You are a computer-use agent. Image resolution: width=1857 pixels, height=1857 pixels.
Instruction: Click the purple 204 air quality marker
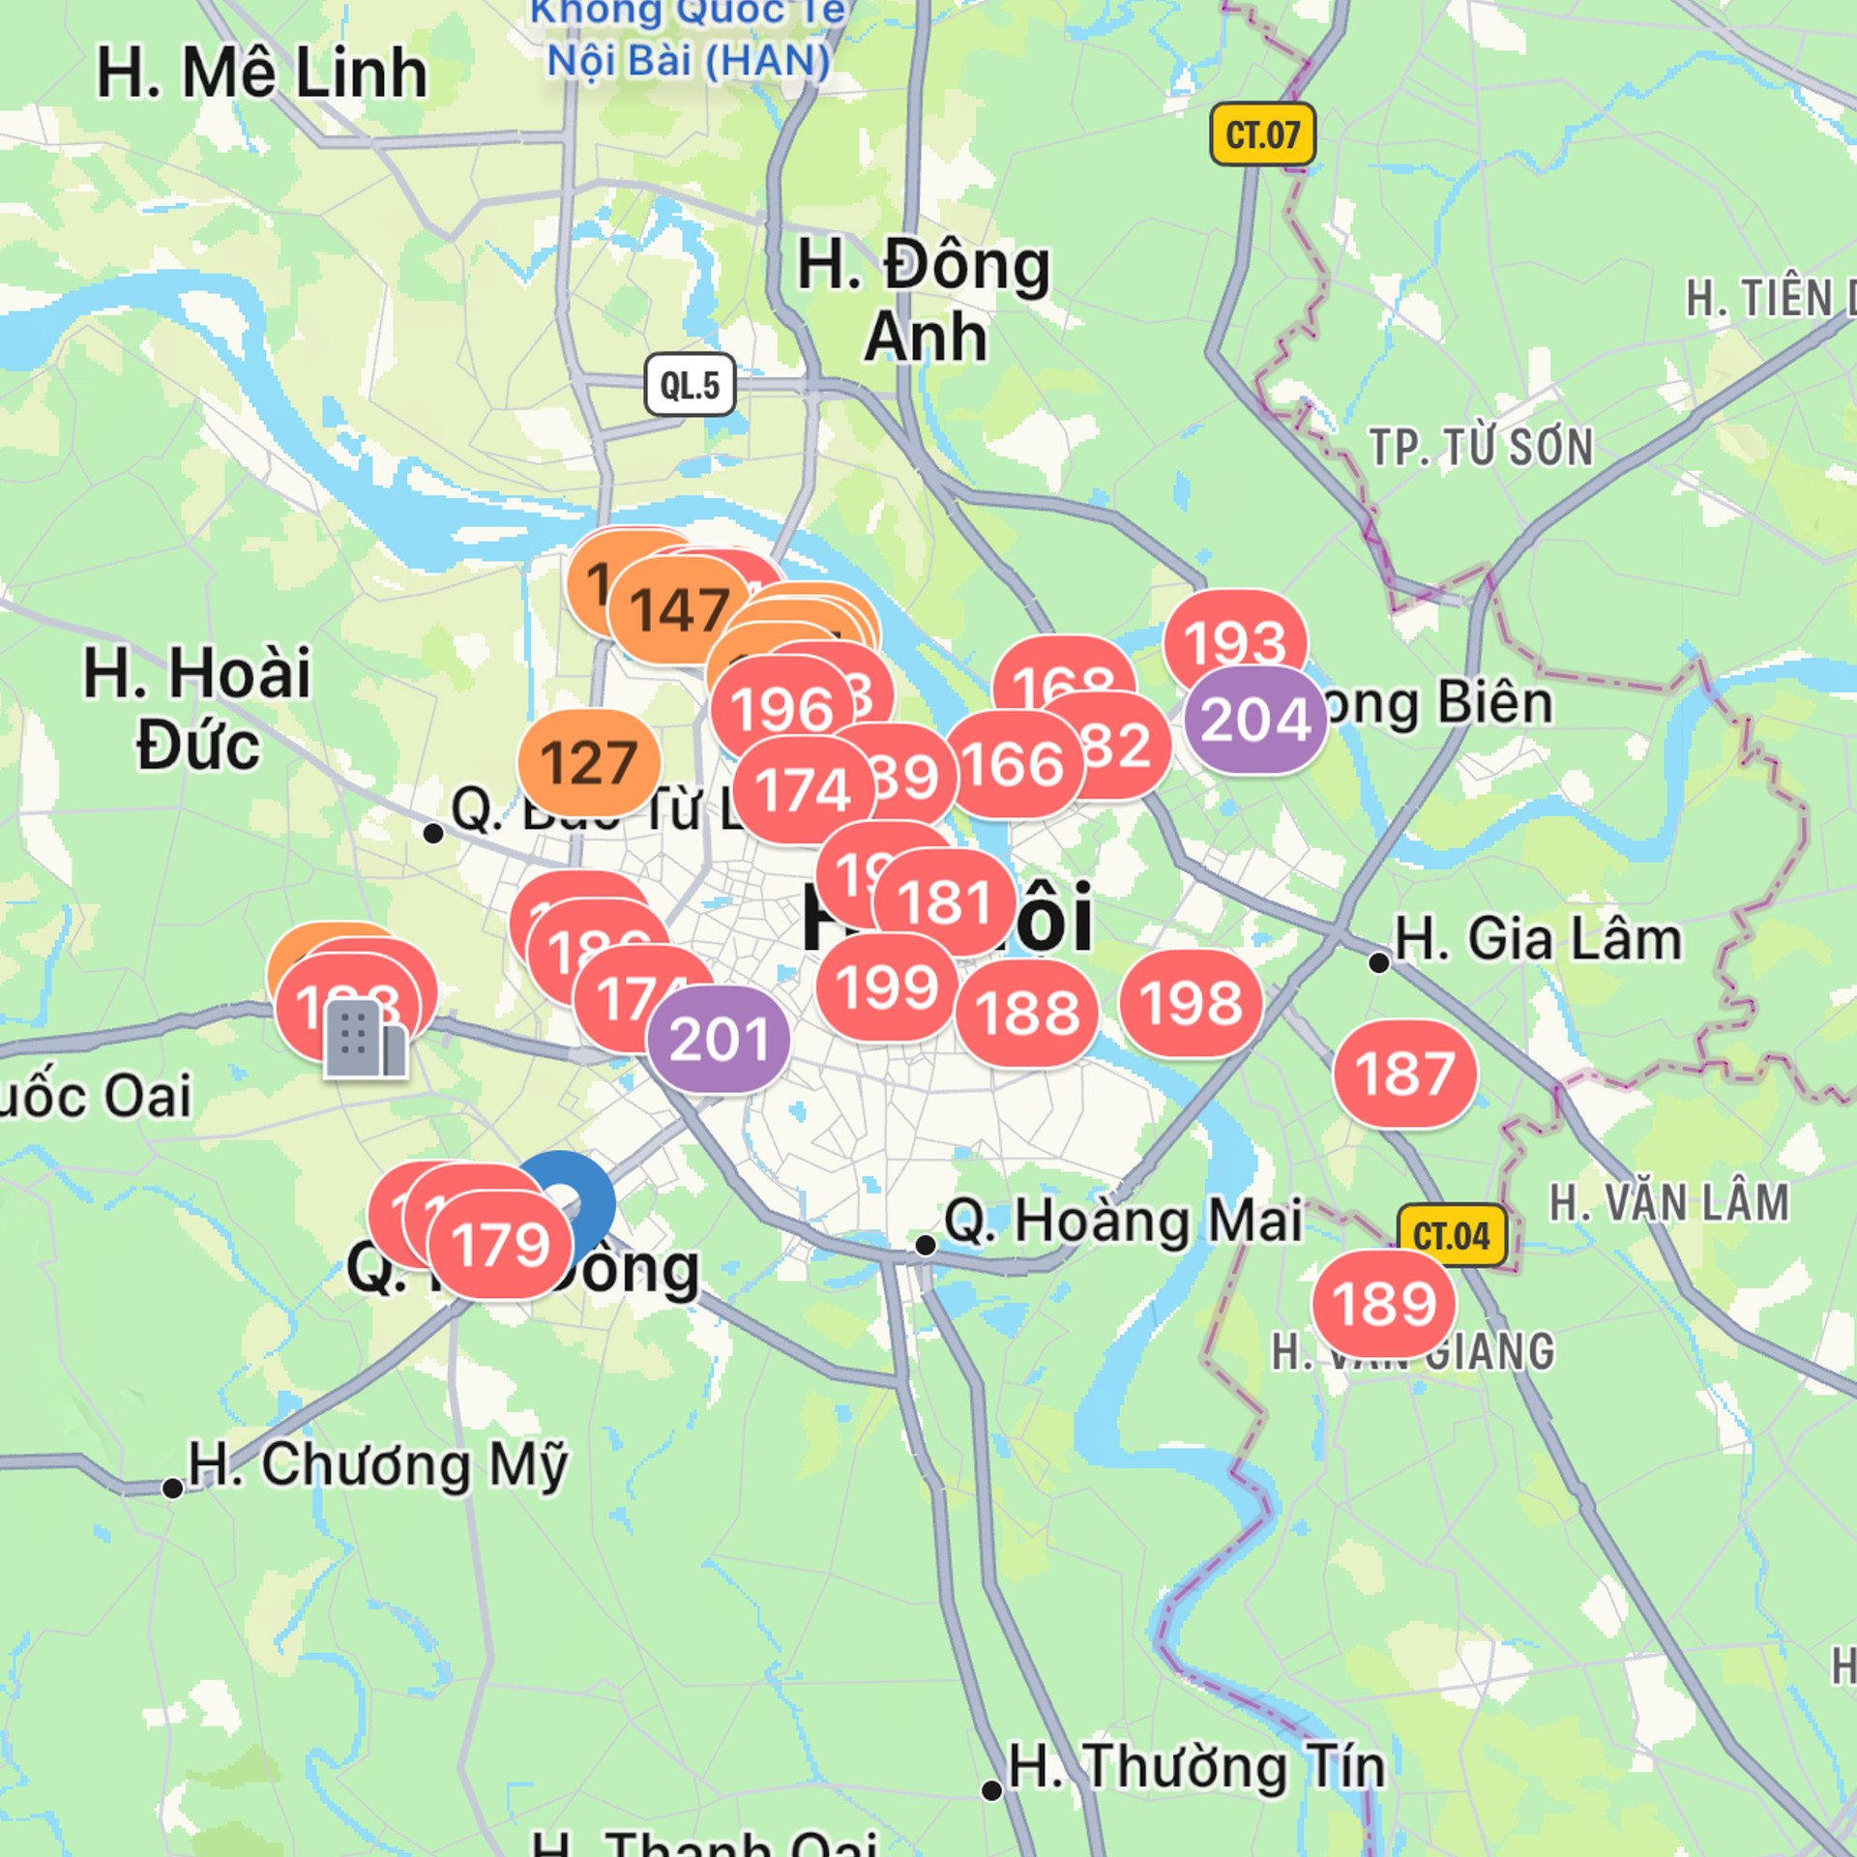1255,719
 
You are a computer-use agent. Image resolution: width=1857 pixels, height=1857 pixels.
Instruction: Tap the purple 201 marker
719,1040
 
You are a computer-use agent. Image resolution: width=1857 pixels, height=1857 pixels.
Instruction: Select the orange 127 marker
589,762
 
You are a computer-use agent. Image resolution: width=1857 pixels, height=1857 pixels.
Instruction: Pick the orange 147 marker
680,609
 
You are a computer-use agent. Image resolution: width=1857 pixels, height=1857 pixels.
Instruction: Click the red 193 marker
1235,642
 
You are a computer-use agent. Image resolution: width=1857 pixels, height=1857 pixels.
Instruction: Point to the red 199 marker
887,987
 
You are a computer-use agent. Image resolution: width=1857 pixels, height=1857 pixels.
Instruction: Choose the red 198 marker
1191,1002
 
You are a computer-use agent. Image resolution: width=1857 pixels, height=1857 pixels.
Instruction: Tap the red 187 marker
1404,1073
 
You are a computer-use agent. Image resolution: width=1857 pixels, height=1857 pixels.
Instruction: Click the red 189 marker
1384,1303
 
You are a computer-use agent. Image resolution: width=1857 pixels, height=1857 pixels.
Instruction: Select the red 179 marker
501,1244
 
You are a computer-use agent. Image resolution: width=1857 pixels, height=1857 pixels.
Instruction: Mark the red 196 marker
781,708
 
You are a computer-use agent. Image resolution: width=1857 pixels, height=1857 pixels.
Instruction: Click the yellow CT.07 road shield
1262,134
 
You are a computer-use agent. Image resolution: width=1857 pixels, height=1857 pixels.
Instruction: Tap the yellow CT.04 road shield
1452,1235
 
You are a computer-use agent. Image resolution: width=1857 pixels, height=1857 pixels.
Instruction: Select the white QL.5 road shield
690,385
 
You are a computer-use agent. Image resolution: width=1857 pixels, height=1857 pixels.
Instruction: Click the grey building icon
365,1040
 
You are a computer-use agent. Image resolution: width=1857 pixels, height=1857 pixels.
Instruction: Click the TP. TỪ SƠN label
1481,448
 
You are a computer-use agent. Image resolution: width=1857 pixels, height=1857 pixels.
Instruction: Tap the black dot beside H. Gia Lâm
1379,962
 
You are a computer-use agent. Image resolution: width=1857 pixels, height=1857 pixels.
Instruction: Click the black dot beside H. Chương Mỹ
172,1489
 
